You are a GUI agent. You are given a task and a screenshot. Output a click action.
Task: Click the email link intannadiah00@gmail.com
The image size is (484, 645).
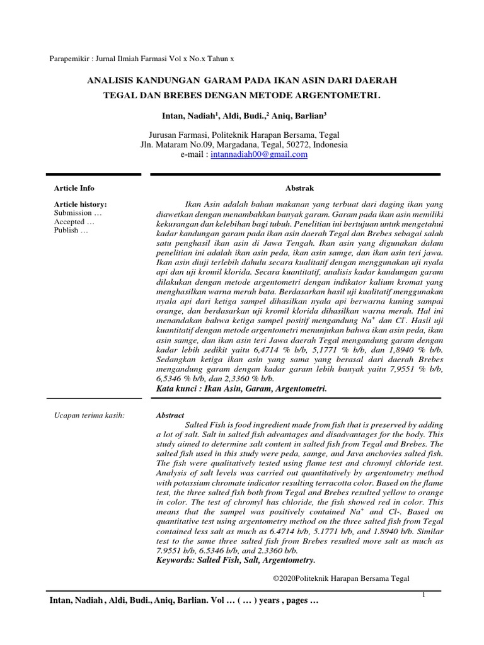click(x=259, y=154)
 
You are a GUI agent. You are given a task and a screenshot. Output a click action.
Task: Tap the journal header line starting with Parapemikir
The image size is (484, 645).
click(x=142, y=59)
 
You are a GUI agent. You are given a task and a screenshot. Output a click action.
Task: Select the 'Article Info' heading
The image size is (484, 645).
click(x=74, y=188)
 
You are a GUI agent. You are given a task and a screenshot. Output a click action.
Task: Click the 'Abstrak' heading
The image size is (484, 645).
click(x=299, y=188)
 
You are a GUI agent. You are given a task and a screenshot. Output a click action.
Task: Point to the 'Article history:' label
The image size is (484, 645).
click(x=80, y=205)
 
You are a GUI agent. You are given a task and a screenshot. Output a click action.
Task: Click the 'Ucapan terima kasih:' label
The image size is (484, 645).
click(x=89, y=416)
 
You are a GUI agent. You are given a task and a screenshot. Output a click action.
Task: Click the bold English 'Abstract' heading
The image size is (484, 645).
click(x=170, y=416)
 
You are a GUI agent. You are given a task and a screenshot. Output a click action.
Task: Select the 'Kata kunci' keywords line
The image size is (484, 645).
click(x=241, y=389)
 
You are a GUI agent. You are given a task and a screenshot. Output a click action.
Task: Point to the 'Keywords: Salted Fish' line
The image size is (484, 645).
click(x=234, y=560)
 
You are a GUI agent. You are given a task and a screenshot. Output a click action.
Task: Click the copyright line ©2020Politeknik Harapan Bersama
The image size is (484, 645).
click(x=340, y=578)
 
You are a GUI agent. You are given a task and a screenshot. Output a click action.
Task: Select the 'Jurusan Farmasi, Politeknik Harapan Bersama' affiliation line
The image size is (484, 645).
click(x=243, y=135)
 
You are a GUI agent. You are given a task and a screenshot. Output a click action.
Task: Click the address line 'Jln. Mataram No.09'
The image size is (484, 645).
click(x=243, y=145)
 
